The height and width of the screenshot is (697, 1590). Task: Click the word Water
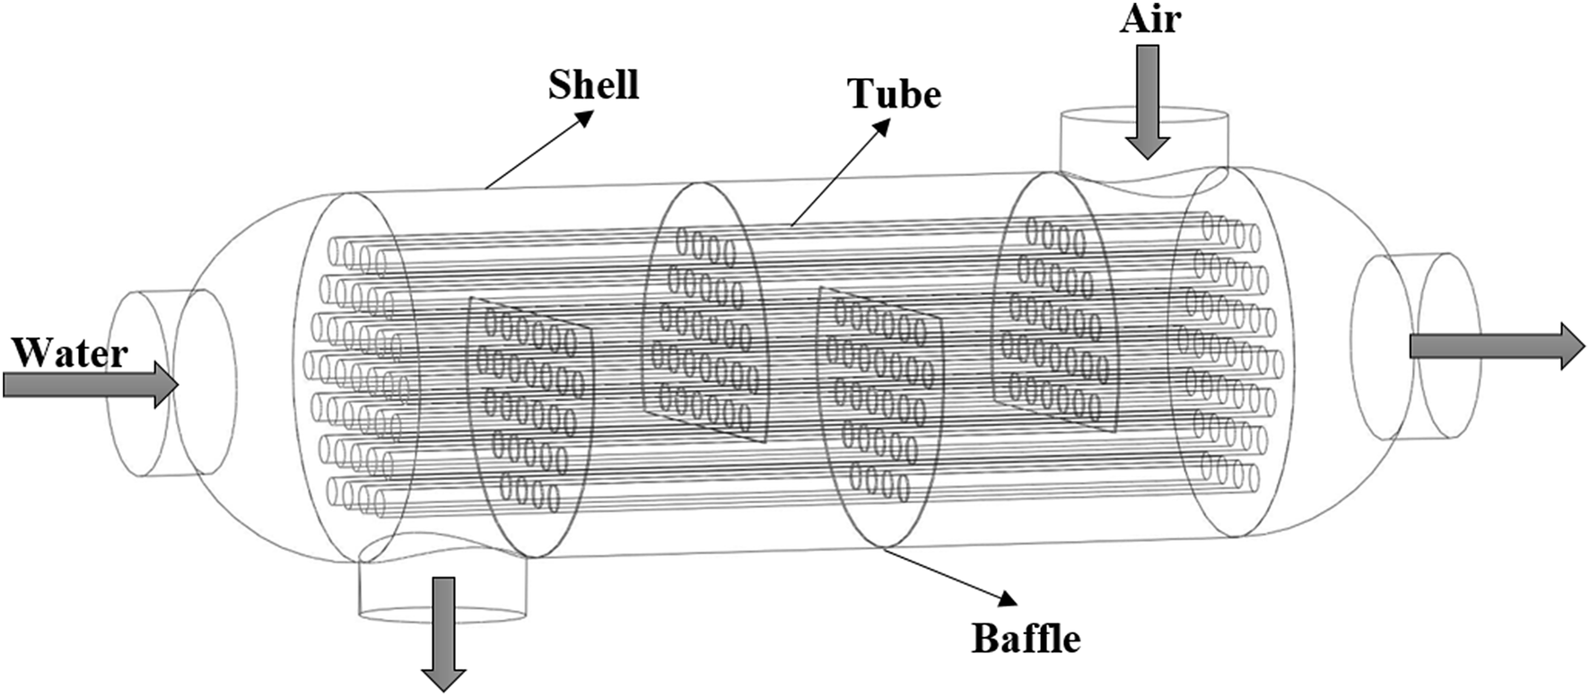click(x=70, y=353)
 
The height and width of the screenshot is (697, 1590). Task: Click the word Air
click(x=1150, y=19)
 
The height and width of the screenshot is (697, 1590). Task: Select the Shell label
click(x=593, y=85)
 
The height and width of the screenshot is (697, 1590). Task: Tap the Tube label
click(x=895, y=94)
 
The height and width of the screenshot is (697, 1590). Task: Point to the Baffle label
click(x=1027, y=639)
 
